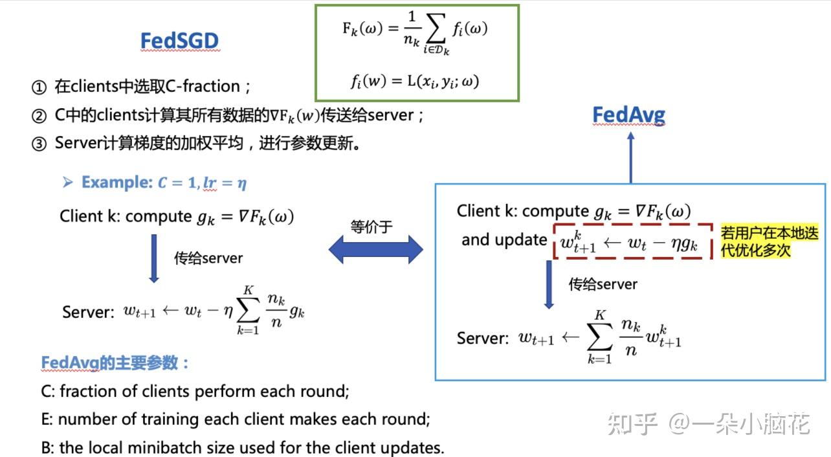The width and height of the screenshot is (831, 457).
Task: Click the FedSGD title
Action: (180, 41)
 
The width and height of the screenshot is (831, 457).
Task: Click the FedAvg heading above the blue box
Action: (628, 115)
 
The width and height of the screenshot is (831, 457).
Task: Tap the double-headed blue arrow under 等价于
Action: (375, 250)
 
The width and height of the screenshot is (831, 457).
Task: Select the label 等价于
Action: (371, 227)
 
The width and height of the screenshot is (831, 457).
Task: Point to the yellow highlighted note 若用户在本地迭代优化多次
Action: (769, 241)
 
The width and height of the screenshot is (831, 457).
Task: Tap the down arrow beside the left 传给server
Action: (153, 258)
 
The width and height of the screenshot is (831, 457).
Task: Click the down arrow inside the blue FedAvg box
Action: (549, 284)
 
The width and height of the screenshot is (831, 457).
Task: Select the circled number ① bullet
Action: (39, 87)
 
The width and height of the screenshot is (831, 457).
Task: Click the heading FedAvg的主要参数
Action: (115, 363)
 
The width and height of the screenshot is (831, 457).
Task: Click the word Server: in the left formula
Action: (88, 312)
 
